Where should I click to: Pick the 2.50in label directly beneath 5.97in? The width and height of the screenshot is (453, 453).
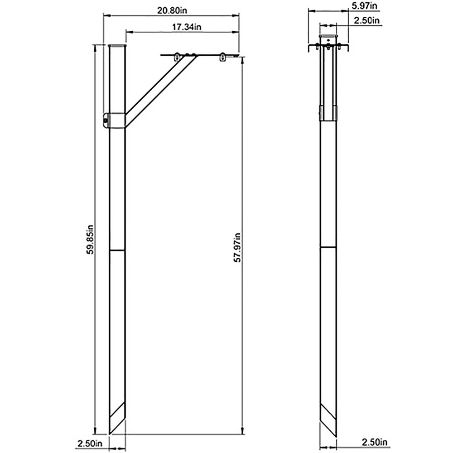point(366,20)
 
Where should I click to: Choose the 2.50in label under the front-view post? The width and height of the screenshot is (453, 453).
point(374,442)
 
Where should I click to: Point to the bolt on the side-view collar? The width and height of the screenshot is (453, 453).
point(106,121)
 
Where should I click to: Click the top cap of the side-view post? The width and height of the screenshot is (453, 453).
point(118,46)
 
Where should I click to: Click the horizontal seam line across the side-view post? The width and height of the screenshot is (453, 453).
point(117,250)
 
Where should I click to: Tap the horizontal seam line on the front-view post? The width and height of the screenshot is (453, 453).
point(328,248)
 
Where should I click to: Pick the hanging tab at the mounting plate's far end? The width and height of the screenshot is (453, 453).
point(222,58)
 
